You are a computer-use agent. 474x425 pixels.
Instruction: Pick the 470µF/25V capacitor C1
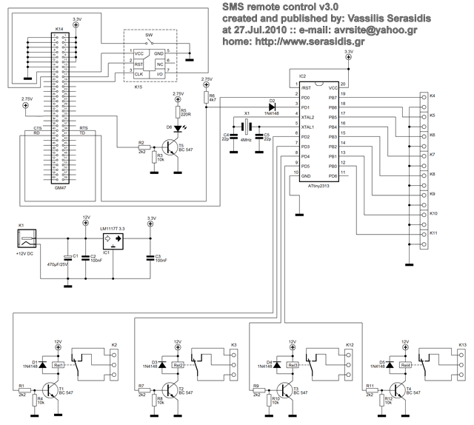tap(67, 257)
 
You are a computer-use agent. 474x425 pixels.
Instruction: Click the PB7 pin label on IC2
tap(333, 98)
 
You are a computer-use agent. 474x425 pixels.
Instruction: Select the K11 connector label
tap(433, 233)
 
